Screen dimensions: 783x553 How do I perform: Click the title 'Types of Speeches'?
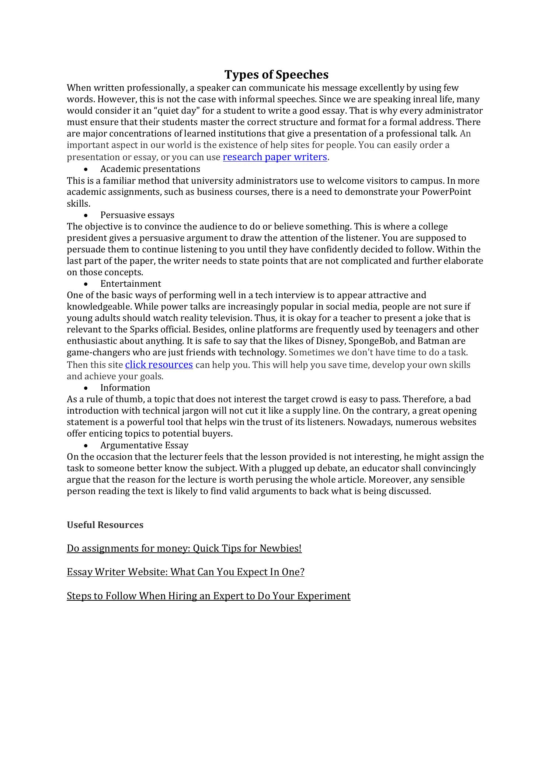point(276,75)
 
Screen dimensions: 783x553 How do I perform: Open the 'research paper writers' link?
point(275,157)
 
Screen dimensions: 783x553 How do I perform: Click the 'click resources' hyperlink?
point(159,365)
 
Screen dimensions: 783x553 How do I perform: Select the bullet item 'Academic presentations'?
point(150,169)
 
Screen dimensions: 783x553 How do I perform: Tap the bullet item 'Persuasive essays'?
point(137,215)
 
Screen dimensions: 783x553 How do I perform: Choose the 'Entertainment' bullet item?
point(131,284)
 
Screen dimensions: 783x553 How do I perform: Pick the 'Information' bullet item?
point(125,388)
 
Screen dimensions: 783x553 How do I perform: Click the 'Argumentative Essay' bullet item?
point(144,445)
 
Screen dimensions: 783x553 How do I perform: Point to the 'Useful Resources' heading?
point(105,525)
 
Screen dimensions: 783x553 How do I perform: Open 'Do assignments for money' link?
point(184,549)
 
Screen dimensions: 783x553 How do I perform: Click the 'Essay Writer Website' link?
point(185,572)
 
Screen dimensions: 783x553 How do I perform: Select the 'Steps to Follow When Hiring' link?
point(208,596)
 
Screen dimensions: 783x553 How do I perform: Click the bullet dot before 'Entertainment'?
point(86,284)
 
